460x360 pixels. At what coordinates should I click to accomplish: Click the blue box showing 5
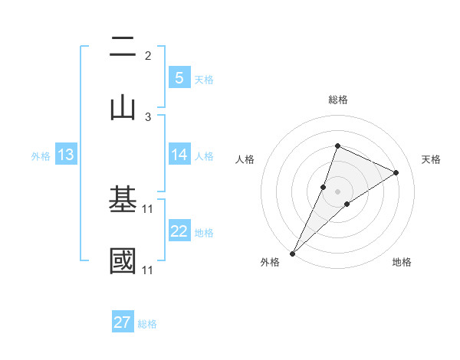click(x=179, y=78)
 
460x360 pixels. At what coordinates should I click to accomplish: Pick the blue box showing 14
click(x=179, y=155)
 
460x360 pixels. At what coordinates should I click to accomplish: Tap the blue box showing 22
click(x=179, y=232)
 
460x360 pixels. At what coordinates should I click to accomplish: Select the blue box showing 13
click(x=66, y=155)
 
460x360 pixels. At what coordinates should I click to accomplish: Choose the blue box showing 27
click(x=123, y=322)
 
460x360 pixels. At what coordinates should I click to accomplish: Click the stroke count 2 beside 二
click(x=148, y=56)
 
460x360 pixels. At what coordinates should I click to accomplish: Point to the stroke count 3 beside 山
click(x=148, y=117)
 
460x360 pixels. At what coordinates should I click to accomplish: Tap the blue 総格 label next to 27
click(x=147, y=324)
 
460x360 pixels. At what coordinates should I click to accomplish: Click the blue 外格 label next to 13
click(x=41, y=156)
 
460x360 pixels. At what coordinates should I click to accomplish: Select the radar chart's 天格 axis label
click(x=431, y=159)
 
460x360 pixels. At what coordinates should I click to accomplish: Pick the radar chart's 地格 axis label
click(x=402, y=262)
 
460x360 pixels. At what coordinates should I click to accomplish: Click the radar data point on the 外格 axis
click(x=292, y=253)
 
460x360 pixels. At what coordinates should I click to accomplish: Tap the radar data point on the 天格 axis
click(x=396, y=172)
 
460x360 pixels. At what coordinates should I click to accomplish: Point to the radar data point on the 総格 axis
click(x=337, y=146)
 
